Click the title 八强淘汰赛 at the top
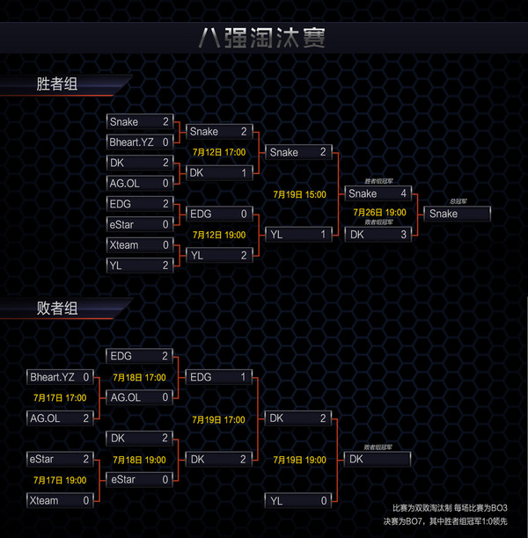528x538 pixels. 263,39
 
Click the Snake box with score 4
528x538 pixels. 377,193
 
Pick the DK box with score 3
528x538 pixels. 377,235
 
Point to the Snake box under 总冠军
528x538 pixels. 457,214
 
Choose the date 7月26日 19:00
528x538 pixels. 379,213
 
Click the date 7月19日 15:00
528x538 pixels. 299,194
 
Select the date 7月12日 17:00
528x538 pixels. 218,152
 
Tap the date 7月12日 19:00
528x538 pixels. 218,235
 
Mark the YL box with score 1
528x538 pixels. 298,235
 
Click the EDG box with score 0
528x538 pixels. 218,214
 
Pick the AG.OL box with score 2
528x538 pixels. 59,418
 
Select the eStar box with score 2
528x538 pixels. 59,459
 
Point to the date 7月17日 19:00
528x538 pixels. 59,480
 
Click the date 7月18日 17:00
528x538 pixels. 139,376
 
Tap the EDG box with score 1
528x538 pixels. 218,376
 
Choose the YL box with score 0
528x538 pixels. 298,500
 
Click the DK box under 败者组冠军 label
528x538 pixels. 377,459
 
